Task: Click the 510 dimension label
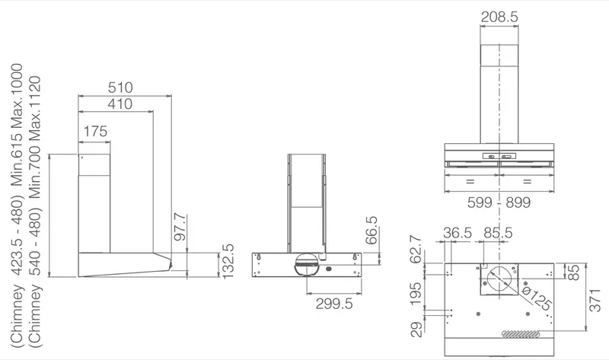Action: (120, 88)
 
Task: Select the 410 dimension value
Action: (120, 104)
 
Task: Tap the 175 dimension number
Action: (95, 131)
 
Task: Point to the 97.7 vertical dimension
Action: (180, 227)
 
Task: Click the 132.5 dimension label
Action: (227, 261)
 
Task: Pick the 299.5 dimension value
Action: (334, 304)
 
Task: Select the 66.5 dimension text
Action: (371, 231)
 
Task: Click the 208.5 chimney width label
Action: (499, 17)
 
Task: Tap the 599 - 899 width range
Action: (499, 202)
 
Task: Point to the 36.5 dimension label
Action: (458, 233)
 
